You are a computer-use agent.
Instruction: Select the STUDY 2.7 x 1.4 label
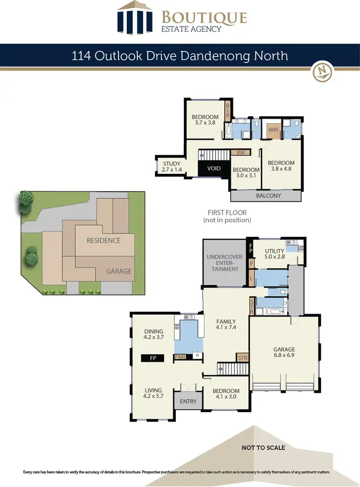click(x=171, y=167)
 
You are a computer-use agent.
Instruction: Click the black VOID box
click(x=214, y=169)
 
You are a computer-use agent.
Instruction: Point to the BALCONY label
click(x=268, y=196)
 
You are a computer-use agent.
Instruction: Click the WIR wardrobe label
click(x=274, y=130)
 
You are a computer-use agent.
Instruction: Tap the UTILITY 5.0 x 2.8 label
click(x=275, y=254)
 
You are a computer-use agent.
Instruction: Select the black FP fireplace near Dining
click(x=153, y=358)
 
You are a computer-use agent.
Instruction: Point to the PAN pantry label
click(x=180, y=357)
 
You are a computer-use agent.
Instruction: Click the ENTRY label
click(x=188, y=401)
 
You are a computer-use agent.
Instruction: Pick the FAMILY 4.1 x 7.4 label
click(x=226, y=324)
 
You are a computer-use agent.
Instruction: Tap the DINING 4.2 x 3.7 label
click(x=154, y=334)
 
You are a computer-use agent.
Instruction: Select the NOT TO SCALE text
click(x=263, y=448)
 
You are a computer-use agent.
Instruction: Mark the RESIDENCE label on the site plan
click(x=104, y=240)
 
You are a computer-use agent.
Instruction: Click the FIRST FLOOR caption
click(x=227, y=216)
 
